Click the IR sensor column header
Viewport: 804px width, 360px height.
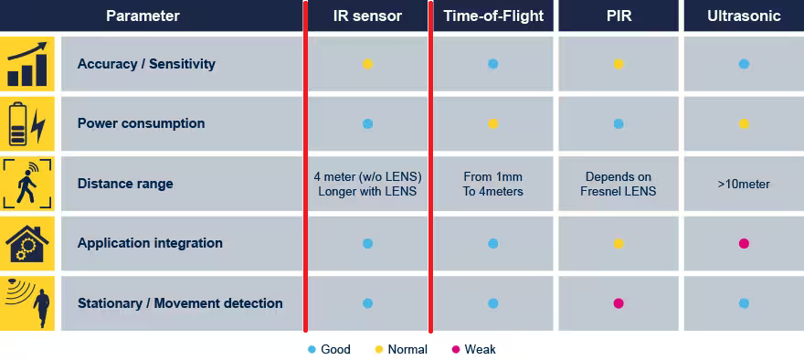[367, 16]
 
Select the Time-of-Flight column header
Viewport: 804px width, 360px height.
[493, 16]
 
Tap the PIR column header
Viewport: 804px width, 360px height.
[619, 16]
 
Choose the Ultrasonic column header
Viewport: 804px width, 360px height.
[744, 16]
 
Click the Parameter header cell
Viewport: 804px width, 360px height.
[143, 16]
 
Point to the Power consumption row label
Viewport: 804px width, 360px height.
[141, 123]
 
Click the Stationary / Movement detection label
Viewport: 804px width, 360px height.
[180, 303]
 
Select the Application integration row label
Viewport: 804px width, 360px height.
[150, 243]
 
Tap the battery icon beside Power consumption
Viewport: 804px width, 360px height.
[26, 124]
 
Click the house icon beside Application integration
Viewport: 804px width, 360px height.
[26, 244]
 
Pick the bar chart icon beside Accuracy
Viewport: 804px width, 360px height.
[26, 64]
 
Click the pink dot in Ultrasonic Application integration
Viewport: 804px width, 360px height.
[744, 244]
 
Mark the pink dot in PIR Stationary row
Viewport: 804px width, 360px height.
[619, 303]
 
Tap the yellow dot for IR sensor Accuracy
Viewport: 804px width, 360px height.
[367, 64]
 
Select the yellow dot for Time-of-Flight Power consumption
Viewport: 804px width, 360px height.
[493, 123]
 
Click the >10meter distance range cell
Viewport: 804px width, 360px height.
[744, 184]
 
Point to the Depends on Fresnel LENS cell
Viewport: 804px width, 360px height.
[619, 184]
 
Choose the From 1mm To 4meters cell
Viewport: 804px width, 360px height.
[493, 184]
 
